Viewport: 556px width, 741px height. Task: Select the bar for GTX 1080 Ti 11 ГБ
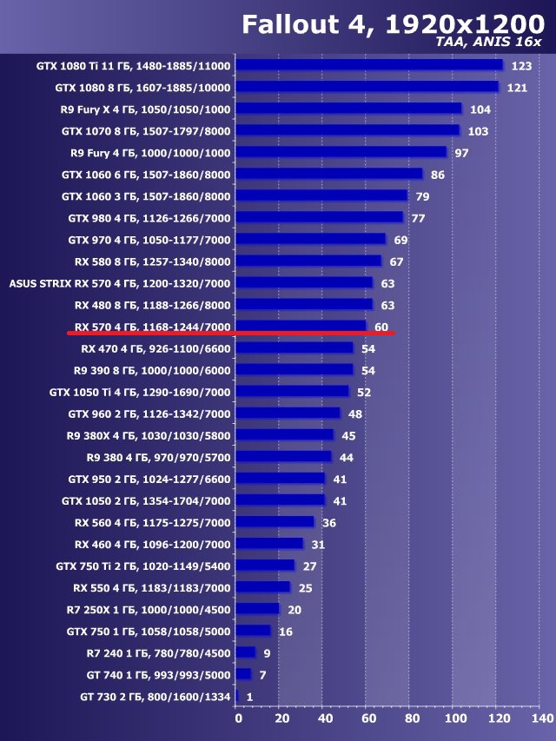(369, 65)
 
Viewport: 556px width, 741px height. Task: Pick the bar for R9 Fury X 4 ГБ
(348, 109)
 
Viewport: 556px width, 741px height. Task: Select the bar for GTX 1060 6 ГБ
(329, 174)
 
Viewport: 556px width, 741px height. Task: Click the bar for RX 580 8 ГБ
(308, 261)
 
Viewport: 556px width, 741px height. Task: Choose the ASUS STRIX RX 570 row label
(119, 282)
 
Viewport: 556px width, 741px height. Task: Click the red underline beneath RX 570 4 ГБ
(230, 333)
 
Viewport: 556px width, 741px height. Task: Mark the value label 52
(363, 392)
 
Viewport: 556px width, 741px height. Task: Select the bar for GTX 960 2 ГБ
(288, 413)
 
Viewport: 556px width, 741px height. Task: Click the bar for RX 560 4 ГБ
(275, 522)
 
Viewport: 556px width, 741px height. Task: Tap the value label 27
(309, 566)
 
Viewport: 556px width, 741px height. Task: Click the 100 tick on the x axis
(454, 718)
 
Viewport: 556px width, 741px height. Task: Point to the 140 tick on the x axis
(541, 718)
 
